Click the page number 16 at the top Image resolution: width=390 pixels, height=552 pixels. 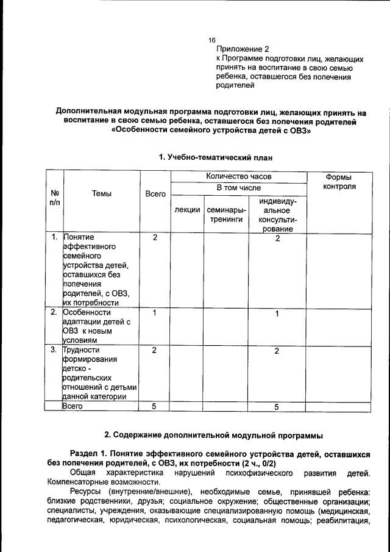coord(212,39)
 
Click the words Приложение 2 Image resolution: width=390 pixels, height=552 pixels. coord(243,49)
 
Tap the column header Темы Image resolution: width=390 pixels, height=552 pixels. coord(101,193)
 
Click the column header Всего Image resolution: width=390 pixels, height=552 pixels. coord(155,193)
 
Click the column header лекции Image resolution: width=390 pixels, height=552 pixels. coord(187,210)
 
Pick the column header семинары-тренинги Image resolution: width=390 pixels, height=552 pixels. coord(226,215)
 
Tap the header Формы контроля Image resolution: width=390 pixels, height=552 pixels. coord(339,181)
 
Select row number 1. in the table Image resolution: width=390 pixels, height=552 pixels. coord(54,237)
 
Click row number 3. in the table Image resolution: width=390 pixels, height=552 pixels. coord(54,350)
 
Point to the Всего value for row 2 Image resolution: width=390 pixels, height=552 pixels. coord(155,313)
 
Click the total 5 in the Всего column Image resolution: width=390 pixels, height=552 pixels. coord(155,406)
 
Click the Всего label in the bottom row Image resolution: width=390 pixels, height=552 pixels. coord(73,406)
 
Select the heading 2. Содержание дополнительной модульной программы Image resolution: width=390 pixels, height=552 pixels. coord(214,435)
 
